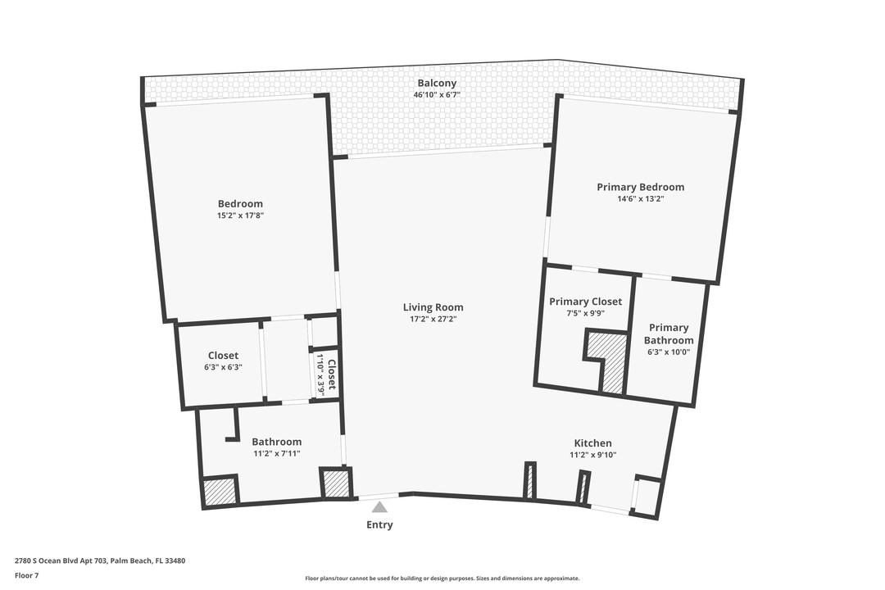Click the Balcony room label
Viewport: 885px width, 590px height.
click(x=437, y=84)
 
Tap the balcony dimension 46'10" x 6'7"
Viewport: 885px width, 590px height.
click(x=437, y=95)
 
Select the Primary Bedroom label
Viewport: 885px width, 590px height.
click(x=640, y=187)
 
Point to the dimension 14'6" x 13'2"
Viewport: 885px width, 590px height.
click(x=640, y=199)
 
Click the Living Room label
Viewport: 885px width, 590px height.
click(x=433, y=307)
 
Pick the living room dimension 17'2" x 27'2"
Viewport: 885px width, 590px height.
click(x=433, y=320)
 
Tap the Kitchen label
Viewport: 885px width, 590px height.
click(x=592, y=443)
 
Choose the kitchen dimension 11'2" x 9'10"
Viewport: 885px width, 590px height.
click(x=592, y=456)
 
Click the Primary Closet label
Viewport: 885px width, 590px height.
click(x=585, y=302)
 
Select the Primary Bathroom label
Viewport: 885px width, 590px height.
click(x=669, y=334)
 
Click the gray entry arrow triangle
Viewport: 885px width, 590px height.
click(x=379, y=507)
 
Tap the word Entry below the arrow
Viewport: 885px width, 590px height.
click(x=379, y=524)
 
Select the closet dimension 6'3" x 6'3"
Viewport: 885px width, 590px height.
click(x=223, y=368)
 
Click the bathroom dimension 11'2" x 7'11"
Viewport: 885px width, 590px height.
click(x=277, y=454)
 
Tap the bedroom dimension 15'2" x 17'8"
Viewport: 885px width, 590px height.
click(x=240, y=216)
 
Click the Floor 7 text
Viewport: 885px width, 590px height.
click(x=26, y=575)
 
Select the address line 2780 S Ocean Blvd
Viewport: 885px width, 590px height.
click(x=100, y=561)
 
